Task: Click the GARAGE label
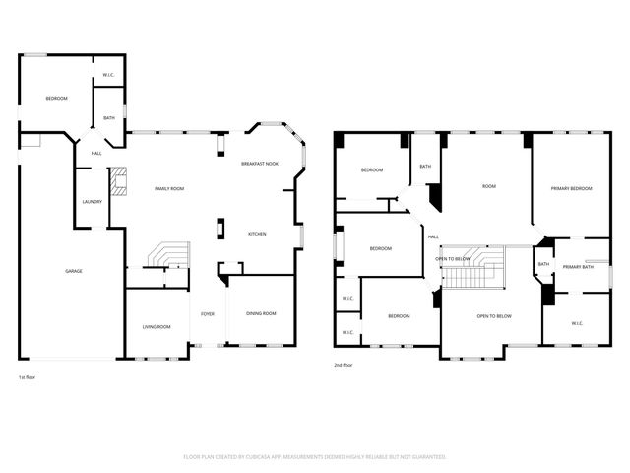point(73,271)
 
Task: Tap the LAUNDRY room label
point(93,202)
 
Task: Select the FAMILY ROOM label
point(169,188)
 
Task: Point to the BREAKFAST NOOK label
point(260,163)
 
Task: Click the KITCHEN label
point(257,234)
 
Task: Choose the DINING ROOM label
point(262,313)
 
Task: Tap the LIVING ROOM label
point(157,326)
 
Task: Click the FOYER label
point(208,313)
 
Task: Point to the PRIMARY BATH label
point(578,267)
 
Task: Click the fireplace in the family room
point(119,180)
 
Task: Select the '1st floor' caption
point(29,377)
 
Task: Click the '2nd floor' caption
point(346,365)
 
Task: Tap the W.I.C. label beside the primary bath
point(577,323)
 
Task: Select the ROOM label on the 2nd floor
point(489,185)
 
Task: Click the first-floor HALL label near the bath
point(96,153)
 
